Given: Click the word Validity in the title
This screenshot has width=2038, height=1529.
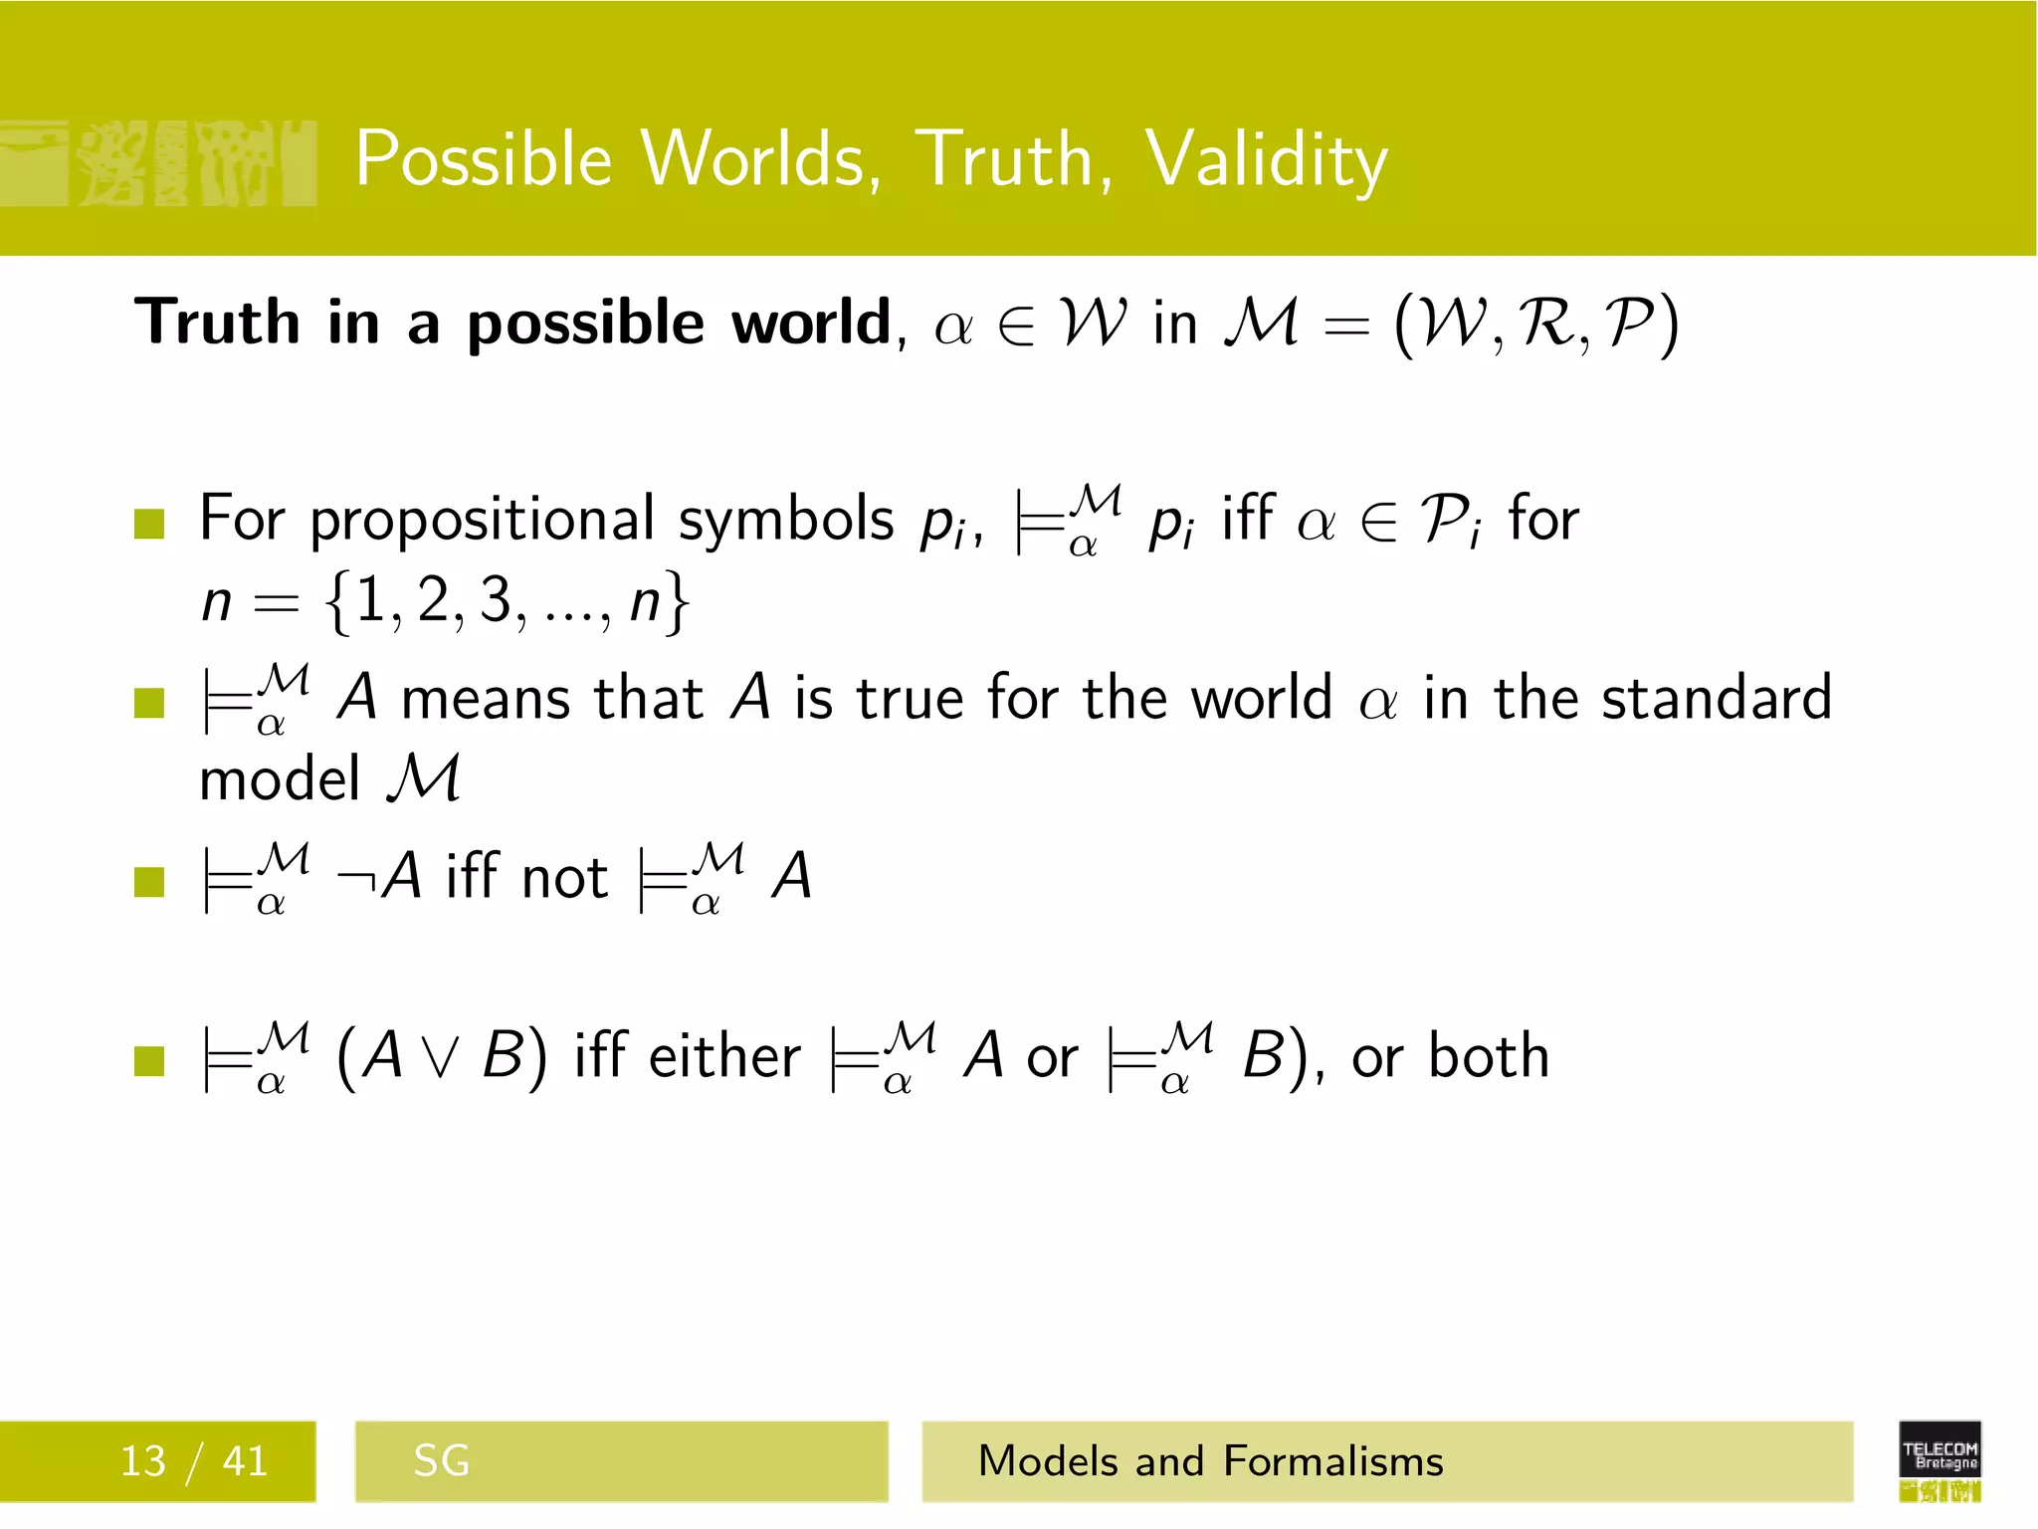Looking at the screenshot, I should click(1266, 159).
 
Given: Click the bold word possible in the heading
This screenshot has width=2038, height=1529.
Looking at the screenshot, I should click(586, 324).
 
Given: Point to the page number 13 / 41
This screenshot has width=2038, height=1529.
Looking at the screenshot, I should click(194, 1461).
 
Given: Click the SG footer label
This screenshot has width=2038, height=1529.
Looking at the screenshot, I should click(441, 1461).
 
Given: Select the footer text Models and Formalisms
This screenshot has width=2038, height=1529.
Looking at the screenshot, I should click(1210, 1461).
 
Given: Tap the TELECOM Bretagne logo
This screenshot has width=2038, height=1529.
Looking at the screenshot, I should click(1939, 1460).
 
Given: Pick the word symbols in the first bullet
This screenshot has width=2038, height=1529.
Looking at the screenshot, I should click(786, 520).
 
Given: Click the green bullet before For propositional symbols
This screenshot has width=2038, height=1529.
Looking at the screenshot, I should click(149, 523).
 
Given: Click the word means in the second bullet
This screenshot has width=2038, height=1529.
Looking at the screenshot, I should click(485, 698).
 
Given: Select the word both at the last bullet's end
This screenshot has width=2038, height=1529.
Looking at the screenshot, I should click(1489, 1056).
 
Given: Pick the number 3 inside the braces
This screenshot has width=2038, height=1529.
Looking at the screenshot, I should click(495, 600).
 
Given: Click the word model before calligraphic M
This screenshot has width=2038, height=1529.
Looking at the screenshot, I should click(280, 779).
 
